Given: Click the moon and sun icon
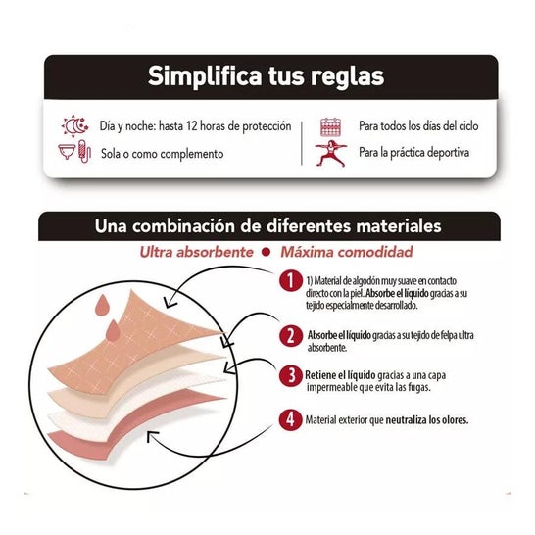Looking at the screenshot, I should pyautogui.click(x=76, y=126).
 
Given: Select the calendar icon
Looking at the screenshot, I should pyautogui.click(x=331, y=126).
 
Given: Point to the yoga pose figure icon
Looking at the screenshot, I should pyautogui.click(x=331, y=153).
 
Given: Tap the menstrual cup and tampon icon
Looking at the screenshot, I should pyautogui.click(x=76, y=153).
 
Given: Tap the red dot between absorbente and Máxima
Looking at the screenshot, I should pyautogui.click(x=266, y=253).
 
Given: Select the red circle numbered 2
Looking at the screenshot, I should pyautogui.click(x=288, y=335).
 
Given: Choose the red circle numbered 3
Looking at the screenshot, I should pyautogui.click(x=288, y=376).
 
